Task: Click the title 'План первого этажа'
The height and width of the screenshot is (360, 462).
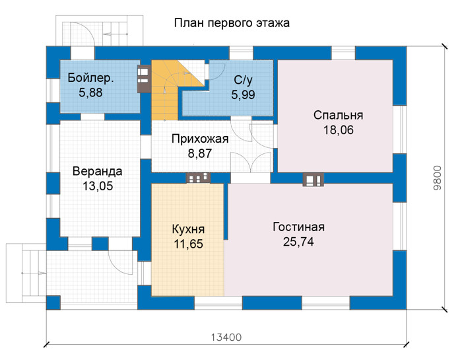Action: click(x=232, y=23)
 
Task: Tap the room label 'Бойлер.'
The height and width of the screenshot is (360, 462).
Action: click(x=90, y=78)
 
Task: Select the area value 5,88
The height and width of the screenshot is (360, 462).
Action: click(x=90, y=92)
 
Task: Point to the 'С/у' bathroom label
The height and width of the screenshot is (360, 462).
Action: click(x=243, y=80)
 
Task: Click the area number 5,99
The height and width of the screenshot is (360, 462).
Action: click(x=243, y=95)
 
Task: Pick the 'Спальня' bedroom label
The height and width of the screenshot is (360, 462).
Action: click(x=338, y=116)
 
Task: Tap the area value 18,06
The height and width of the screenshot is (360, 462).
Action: click(x=338, y=130)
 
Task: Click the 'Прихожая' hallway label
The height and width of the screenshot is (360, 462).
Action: click(x=200, y=139)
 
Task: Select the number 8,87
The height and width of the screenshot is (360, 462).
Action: click(x=200, y=154)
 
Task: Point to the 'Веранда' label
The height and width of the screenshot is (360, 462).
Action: click(x=98, y=171)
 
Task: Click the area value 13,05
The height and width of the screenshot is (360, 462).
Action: click(x=98, y=186)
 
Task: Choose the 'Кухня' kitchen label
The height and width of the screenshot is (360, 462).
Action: click(x=188, y=229)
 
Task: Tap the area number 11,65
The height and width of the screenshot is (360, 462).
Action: click(x=189, y=244)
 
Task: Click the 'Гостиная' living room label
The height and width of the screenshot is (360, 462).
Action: click(x=298, y=227)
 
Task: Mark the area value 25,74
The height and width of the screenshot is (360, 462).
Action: click(x=298, y=242)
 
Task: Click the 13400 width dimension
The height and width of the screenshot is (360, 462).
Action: click(x=226, y=338)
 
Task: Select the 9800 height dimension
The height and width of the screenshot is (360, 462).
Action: click(x=438, y=178)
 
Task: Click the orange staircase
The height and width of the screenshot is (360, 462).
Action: click(x=165, y=90)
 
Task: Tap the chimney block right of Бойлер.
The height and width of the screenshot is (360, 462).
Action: click(x=144, y=79)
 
